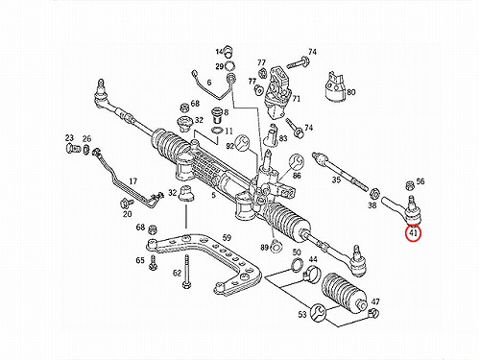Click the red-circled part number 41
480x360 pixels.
coord(413,234)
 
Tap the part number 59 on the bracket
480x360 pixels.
coord(227,238)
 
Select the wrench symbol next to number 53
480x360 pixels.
coord(318,311)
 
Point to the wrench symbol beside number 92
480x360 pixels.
coord(242,143)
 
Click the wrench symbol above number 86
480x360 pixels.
coord(296,162)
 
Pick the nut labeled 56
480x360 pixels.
coord(409,185)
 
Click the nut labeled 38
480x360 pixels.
coord(374,193)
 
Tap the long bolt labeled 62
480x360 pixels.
coord(186,272)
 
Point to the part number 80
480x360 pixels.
coord(351,92)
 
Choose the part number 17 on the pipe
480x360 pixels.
coord(133,181)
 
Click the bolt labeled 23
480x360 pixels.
coord(72,149)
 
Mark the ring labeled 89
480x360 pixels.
coord(276,248)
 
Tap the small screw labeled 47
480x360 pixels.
coord(373,314)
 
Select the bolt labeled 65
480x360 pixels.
coord(153,262)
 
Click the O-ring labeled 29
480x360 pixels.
coord(229,66)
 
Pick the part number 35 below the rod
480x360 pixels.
coord(336,180)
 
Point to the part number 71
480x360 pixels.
coord(297,99)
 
